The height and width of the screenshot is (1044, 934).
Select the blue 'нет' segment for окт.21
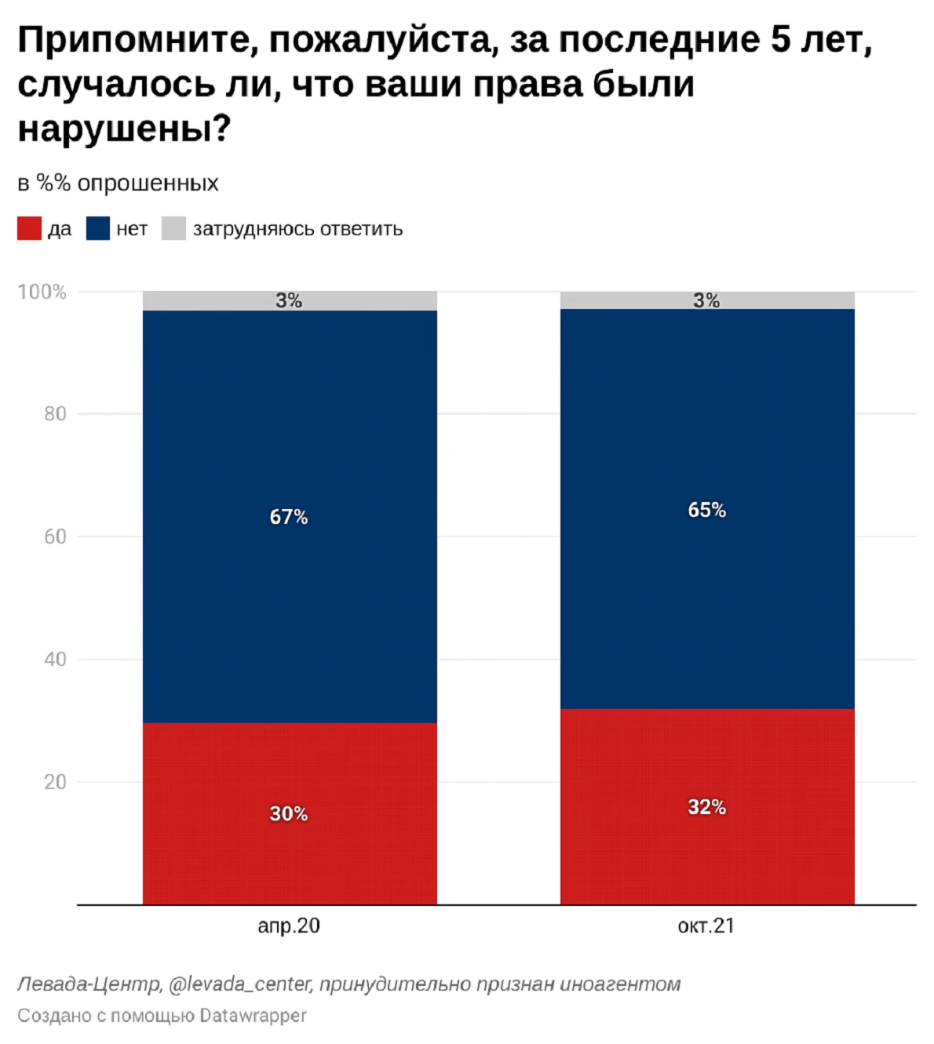[x=706, y=596]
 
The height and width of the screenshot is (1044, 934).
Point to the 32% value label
[x=706, y=807]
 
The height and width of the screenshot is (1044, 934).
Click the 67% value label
[x=289, y=517]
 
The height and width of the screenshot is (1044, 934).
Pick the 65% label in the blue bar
[x=706, y=510]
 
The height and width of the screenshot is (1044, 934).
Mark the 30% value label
[x=289, y=814]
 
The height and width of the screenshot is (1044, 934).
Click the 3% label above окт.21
[x=706, y=300]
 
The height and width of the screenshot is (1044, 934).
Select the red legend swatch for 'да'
[x=29, y=229]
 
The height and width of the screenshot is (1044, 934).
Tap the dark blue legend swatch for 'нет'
[x=98, y=229]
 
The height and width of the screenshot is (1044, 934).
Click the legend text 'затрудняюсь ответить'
[x=297, y=229]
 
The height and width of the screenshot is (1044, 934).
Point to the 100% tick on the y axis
[x=42, y=292]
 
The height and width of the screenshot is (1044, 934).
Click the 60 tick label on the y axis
[x=55, y=537]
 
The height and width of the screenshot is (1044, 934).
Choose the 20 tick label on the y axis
[x=55, y=782]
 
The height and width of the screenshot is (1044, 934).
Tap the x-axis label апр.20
[x=289, y=926]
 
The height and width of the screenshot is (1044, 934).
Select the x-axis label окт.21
[x=706, y=926]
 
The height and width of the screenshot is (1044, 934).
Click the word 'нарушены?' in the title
[x=124, y=129]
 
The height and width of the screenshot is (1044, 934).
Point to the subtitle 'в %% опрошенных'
[x=118, y=184]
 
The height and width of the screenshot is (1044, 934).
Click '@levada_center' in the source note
[x=240, y=984]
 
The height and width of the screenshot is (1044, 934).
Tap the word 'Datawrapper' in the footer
[x=253, y=1016]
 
